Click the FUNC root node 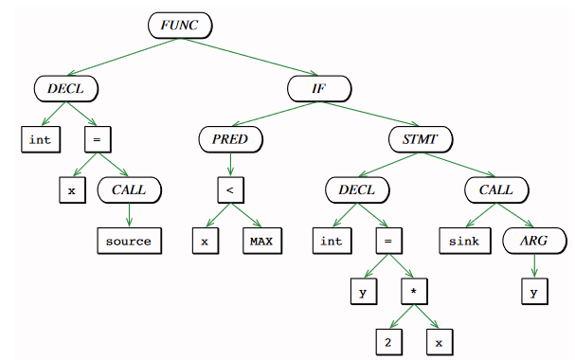(179, 26)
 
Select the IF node (319, 88)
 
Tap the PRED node (229, 139)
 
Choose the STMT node (421, 139)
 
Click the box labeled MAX (261, 241)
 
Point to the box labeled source (129, 241)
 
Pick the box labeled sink (464, 241)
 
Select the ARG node (533, 241)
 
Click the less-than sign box (229, 190)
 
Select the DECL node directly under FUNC (66, 88)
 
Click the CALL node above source (129, 190)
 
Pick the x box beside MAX (204, 241)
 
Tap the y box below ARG (533, 292)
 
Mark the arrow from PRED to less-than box (229, 165)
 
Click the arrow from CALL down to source (129, 216)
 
